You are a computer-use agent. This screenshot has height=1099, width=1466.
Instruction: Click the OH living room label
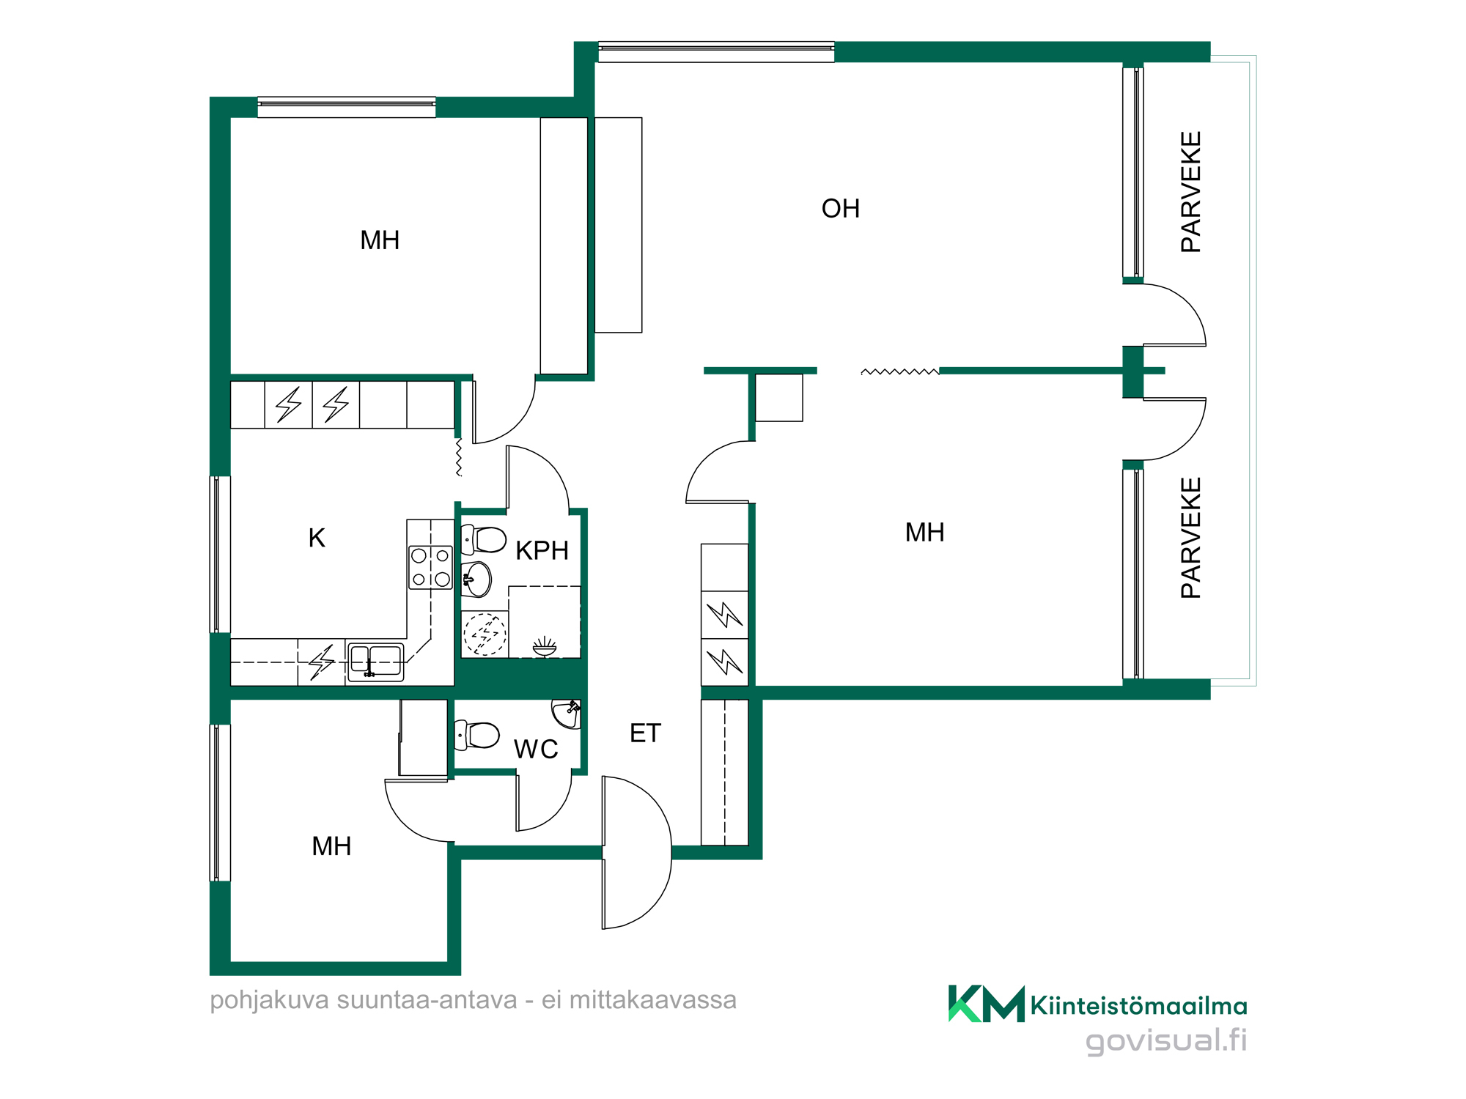pos(840,209)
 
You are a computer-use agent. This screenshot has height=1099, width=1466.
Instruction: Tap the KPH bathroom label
pos(542,550)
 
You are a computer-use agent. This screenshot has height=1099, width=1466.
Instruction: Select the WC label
pos(536,750)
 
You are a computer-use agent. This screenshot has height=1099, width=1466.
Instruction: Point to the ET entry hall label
pos(645,733)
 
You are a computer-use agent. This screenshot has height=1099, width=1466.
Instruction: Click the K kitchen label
pos(317,539)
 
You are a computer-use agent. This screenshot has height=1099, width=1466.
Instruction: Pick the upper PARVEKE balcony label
pos(1191,192)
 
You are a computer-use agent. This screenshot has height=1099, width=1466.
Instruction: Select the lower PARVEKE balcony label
pos(1191,538)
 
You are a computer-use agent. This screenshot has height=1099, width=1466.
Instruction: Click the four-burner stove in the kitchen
pos(430,567)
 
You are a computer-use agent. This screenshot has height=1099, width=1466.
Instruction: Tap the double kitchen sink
pos(375,661)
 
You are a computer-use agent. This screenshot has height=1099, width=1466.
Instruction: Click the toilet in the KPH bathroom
pos(483,540)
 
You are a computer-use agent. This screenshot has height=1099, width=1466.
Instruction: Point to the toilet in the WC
pos(476,735)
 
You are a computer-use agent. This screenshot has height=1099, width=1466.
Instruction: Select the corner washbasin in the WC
pos(567,713)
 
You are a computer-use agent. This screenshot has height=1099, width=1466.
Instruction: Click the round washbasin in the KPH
pos(476,580)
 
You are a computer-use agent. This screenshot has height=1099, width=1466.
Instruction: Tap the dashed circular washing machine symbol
pos(485,634)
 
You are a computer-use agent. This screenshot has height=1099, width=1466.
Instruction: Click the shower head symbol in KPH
pos(545,646)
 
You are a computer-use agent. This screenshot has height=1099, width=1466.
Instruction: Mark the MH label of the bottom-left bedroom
pos(331,847)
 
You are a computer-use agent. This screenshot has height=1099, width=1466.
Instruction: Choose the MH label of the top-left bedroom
pos(380,240)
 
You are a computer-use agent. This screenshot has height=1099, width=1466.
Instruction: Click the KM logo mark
pos(987,1004)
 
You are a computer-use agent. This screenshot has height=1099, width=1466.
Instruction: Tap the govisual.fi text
pos(1166,1041)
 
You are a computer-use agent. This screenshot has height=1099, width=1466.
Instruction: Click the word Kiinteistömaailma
pos(1139,1006)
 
